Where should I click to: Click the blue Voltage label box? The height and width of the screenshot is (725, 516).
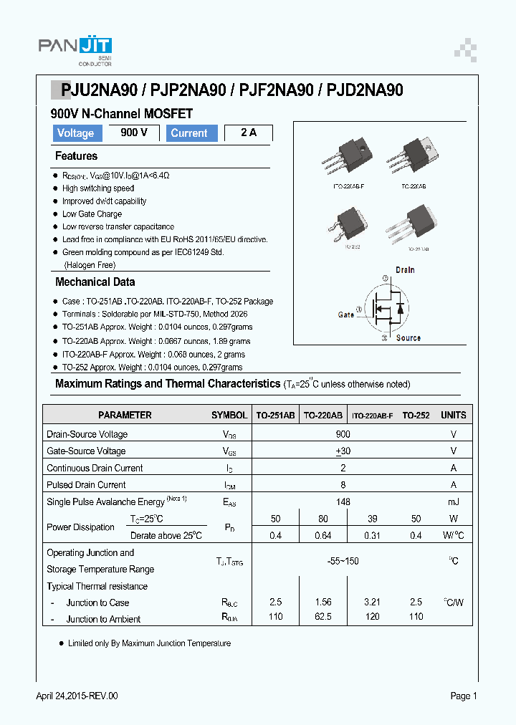75,133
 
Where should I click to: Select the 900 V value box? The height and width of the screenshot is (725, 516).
134,133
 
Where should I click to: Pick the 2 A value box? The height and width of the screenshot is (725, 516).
249,133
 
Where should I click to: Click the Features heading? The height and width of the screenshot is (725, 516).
76,156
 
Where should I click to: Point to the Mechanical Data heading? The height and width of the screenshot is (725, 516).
95,282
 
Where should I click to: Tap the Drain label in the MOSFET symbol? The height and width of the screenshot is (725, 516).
405,270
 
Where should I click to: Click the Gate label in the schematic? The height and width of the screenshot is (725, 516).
346,315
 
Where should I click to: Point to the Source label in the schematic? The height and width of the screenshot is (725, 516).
408,338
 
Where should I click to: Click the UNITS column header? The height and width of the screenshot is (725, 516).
453,415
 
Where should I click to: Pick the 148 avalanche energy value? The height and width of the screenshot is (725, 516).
343,502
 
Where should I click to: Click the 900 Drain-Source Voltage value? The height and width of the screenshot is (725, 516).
343,434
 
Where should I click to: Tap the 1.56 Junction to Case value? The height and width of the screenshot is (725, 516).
324,602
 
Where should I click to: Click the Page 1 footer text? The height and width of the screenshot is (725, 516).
463,696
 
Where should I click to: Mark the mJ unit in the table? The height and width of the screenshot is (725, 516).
453,502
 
